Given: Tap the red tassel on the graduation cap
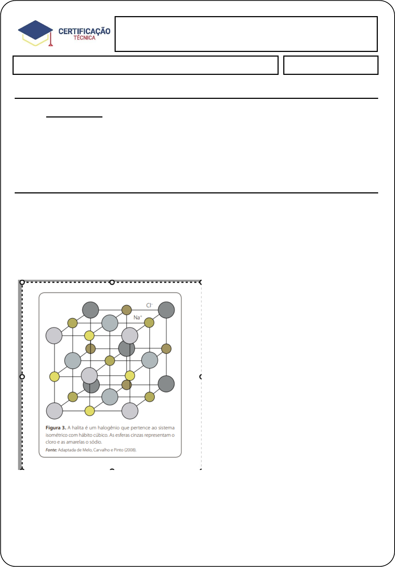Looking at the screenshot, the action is tap(50, 39).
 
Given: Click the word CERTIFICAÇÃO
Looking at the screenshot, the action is tap(84, 31).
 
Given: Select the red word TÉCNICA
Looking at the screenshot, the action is tap(85, 38).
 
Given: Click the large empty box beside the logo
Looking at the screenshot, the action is tap(246, 34).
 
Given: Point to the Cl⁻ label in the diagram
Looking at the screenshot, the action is tap(149, 305).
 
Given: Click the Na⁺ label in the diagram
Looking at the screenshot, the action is tap(138, 317).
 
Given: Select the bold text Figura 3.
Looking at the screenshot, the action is tap(56, 428).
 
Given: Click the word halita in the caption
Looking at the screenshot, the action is tap(78, 428).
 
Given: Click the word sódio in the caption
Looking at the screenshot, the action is tap(96, 442).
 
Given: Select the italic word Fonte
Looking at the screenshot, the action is tap(51, 450).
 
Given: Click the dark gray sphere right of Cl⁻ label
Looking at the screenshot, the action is tap(166, 310).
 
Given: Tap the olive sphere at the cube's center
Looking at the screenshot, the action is tap(110, 360).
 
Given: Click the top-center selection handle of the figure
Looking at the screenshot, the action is tap(112, 282).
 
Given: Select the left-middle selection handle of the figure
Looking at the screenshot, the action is tap(22, 377).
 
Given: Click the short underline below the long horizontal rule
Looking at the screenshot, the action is tap(74, 117).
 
